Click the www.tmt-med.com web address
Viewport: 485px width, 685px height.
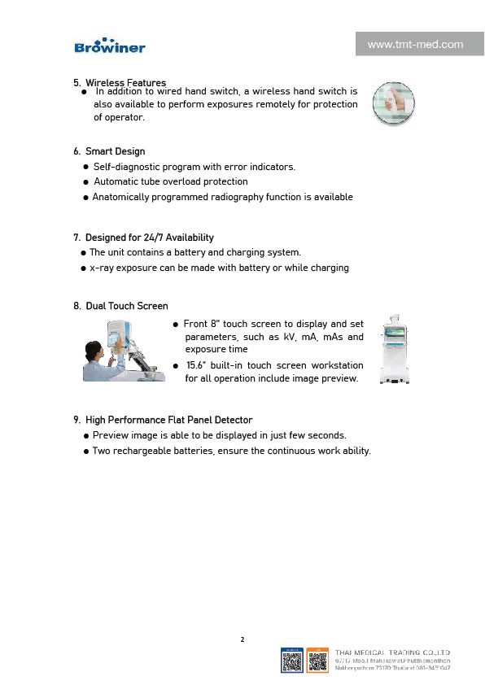(x=415, y=45)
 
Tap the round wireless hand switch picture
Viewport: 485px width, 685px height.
(x=393, y=103)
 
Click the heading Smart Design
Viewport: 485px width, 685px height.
(x=115, y=151)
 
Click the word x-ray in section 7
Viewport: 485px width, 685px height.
(x=101, y=268)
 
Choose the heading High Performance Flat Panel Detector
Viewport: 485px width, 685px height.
(x=163, y=420)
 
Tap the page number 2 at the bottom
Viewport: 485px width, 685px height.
(x=242, y=639)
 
